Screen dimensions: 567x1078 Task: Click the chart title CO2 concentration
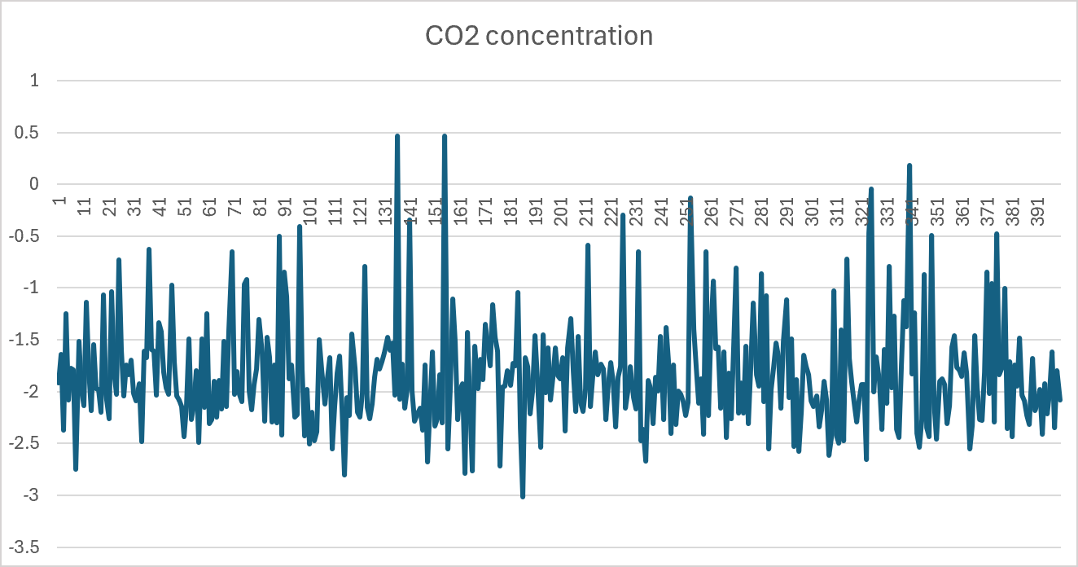(x=539, y=36)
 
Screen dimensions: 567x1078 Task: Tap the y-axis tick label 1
(x=35, y=81)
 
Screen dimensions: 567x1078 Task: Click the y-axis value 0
(x=35, y=185)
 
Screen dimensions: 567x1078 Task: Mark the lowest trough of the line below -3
(x=523, y=496)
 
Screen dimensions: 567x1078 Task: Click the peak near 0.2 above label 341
(x=909, y=165)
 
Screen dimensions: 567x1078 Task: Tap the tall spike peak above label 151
(x=445, y=136)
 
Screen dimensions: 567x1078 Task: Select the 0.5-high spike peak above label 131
(x=397, y=136)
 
